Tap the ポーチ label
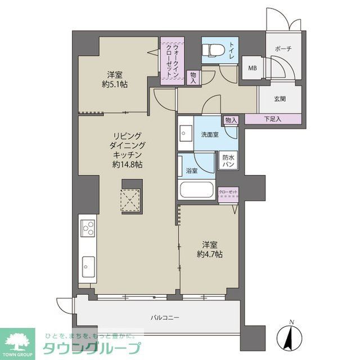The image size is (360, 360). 283,49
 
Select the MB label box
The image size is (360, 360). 253,69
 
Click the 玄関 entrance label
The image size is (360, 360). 280,99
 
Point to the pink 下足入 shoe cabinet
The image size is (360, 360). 272,119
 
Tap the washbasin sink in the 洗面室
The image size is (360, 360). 185,134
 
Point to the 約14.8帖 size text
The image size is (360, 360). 127,165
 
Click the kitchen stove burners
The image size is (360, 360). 88,228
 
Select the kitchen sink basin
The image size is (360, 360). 88,263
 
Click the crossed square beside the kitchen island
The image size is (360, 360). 133,199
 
